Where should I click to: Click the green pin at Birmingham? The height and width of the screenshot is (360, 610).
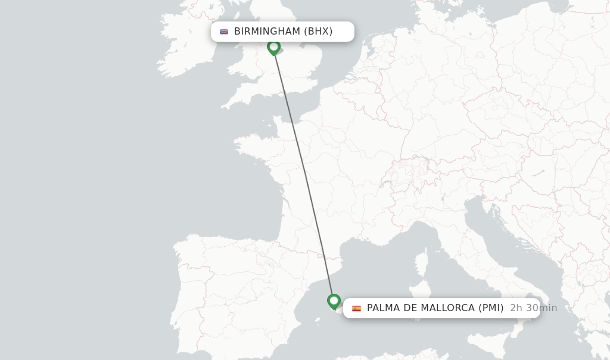(x=274, y=46)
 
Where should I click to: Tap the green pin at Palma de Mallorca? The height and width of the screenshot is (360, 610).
(x=334, y=301)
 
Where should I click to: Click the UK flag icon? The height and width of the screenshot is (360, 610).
(x=224, y=32)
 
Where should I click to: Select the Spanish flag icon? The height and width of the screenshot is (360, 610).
(x=356, y=308)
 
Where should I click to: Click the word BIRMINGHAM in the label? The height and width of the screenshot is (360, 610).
(x=267, y=31)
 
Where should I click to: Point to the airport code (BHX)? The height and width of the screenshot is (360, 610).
(x=318, y=31)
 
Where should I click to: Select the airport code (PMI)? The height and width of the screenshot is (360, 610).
(x=491, y=308)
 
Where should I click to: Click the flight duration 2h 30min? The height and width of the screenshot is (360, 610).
(x=533, y=308)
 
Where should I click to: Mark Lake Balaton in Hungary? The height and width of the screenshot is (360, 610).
(x=538, y=174)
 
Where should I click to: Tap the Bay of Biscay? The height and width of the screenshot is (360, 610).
(x=238, y=203)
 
